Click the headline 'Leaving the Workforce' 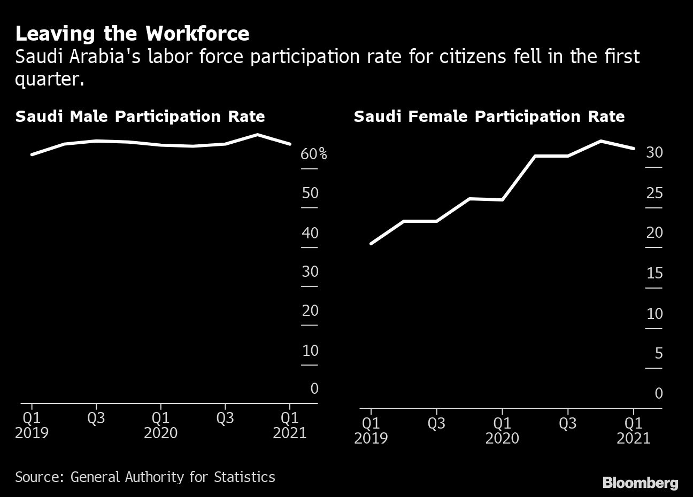click(x=132, y=34)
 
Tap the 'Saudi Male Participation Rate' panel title click(x=140, y=117)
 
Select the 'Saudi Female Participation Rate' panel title click(x=489, y=117)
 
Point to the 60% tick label click(x=313, y=154)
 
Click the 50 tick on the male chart click(x=310, y=193)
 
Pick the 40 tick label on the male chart click(x=310, y=233)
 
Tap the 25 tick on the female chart click(x=654, y=193)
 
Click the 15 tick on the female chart click(x=654, y=274)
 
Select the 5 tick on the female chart click(x=658, y=353)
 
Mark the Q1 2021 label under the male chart click(x=290, y=425)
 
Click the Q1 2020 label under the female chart click(x=502, y=430)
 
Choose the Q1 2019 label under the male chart click(x=32, y=425)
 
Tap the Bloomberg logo click(x=640, y=483)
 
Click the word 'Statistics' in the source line click(x=244, y=477)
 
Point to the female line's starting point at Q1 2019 click(x=371, y=244)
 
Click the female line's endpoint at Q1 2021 click(x=634, y=149)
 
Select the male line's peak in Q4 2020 click(x=257, y=135)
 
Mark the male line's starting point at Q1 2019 click(x=32, y=154)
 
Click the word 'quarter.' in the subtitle click(x=50, y=79)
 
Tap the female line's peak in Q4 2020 click(x=600, y=141)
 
